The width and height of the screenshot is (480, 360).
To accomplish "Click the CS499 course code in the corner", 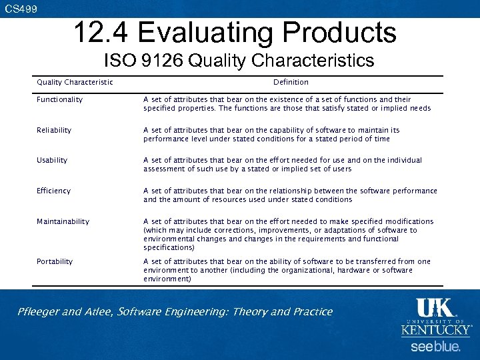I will pos(21,9).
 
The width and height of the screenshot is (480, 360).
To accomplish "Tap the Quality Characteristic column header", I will pos(75,83).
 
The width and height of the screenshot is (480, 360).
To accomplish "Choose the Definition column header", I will pos(291,83).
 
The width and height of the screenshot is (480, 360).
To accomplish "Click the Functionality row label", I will pos(60,100).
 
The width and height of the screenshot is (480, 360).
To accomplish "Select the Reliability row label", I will pos(54,131).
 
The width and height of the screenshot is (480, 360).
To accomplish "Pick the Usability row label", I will pos(52,161).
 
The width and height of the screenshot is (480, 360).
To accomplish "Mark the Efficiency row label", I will pos(53,191).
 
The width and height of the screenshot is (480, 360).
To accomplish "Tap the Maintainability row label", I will pos(63,222).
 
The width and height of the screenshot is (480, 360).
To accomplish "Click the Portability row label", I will pos(55,262).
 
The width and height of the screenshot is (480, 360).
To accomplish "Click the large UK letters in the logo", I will pos(435,308).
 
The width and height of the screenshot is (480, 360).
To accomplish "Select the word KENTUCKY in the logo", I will pos(435,330).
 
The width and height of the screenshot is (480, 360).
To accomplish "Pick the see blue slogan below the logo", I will pos(435,347).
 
